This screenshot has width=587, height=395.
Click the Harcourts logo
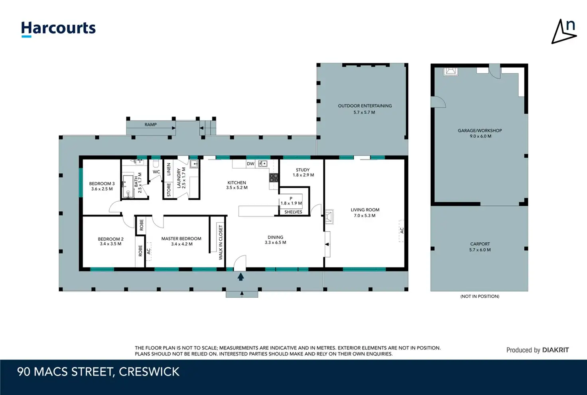(58, 29)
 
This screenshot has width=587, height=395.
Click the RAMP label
(151, 125)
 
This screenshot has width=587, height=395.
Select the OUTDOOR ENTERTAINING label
(365, 106)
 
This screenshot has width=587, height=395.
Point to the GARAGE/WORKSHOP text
(480, 130)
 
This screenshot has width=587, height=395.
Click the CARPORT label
(480, 244)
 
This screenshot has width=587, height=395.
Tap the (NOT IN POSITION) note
(480, 296)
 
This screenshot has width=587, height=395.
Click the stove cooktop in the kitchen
(274, 178)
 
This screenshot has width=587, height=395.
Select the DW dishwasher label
(250, 164)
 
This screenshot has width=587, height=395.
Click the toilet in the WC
(156, 163)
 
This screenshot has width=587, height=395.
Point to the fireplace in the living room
(329, 216)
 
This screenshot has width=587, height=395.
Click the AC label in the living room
(402, 230)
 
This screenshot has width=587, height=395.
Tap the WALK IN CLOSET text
(221, 243)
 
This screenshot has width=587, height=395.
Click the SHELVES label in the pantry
(293, 212)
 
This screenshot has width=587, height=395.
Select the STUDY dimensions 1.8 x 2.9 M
(303, 175)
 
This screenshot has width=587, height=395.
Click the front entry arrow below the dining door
(240, 277)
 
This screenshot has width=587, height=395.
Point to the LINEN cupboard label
(169, 169)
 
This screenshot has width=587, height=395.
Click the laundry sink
(194, 164)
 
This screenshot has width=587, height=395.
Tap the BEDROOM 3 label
(102, 184)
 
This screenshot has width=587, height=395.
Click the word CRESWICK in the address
(149, 372)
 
